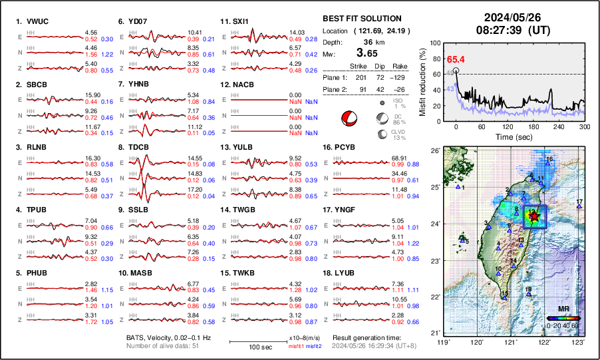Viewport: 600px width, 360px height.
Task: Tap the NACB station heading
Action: point(245,85)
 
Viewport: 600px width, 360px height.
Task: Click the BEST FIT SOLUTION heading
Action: point(362,19)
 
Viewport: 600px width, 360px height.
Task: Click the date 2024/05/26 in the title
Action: point(509,17)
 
